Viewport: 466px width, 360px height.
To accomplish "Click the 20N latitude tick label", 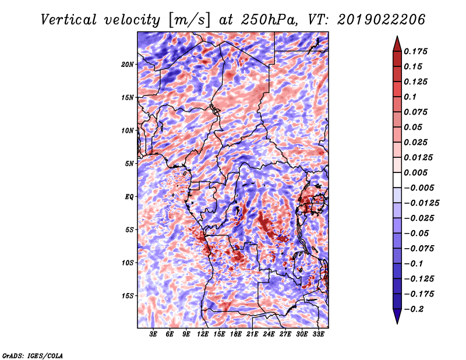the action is coord(128,65).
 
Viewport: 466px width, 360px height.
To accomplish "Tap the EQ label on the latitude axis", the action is coord(129,197).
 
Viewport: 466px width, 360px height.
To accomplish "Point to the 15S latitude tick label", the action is coord(128,296).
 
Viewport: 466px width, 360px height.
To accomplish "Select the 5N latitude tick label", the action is coord(129,164).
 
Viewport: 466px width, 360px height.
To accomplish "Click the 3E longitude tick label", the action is coord(153,334).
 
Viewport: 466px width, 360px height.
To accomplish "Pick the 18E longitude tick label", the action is coord(236,334).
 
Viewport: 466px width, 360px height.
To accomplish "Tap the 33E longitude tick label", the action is coord(318,334).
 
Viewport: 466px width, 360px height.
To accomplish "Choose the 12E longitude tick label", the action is coord(203,334).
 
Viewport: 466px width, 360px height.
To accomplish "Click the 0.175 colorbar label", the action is coord(415,51).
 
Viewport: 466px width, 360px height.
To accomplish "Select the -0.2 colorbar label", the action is coord(414,309).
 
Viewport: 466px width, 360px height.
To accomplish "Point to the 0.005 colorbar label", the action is coord(415,172).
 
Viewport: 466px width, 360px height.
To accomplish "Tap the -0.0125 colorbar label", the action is coord(421,203).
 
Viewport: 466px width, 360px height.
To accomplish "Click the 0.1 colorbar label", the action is coord(410,97).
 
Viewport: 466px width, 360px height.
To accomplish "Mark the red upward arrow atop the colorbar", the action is coord(397,44).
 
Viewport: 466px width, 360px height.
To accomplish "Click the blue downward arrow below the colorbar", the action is coord(397,316).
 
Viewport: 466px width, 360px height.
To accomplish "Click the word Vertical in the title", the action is coord(69,20).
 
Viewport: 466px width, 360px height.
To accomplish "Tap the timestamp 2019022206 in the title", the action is coord(382,20).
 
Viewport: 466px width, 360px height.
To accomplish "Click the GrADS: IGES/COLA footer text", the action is coord(33,355).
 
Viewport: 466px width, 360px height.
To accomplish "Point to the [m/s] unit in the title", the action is coord(190,20).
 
